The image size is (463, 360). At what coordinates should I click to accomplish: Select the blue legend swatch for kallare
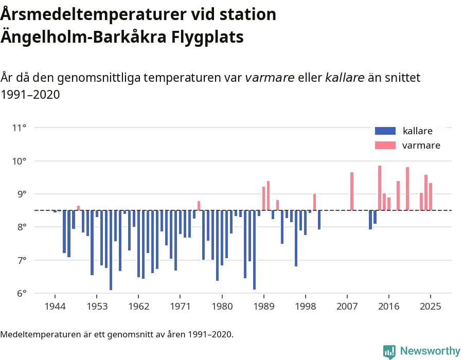coord(385,131)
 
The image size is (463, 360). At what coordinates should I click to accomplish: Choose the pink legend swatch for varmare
coord(385,146)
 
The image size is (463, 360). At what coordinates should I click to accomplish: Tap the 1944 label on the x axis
coord(55,307)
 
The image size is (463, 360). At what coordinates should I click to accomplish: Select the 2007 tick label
coord(347,307)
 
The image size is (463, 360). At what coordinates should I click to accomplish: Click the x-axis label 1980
coord(222,307)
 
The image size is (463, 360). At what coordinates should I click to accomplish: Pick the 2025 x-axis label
coord(431,307)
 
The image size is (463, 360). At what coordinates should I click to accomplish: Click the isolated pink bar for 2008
coord(352,191)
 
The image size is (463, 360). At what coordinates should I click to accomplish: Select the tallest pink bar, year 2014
coord(380,188)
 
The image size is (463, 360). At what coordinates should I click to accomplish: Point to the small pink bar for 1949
coord(78,208)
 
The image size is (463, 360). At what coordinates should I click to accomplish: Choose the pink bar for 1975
coord(199,205)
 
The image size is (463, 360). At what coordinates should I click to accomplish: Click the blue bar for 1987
coord(254,249)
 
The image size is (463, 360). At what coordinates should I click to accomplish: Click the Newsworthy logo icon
coord(389,351)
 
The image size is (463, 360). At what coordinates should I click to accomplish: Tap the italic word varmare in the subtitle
coord(270,78)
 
